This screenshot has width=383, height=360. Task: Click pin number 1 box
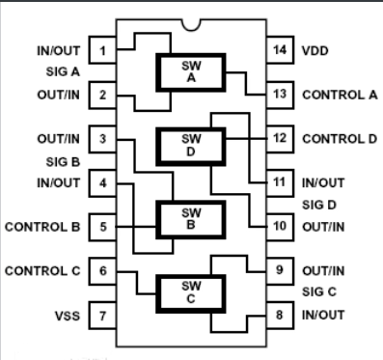point(101,48)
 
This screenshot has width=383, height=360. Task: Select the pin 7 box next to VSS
point(101,315)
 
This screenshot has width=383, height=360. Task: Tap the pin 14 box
point(279,48)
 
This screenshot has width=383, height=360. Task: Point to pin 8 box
point(279,315)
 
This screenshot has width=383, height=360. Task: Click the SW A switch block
point(189,72)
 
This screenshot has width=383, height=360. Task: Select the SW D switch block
point(189,145)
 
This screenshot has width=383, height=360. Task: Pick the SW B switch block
point(189,218)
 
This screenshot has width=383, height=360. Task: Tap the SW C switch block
point(189,291)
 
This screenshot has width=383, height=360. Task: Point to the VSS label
point(61,315)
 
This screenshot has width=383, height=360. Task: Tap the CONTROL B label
point(42,228)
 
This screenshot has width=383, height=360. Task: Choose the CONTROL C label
point(42,270)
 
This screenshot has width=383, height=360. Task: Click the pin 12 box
point(279,138)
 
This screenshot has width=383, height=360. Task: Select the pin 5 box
point(101,228)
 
